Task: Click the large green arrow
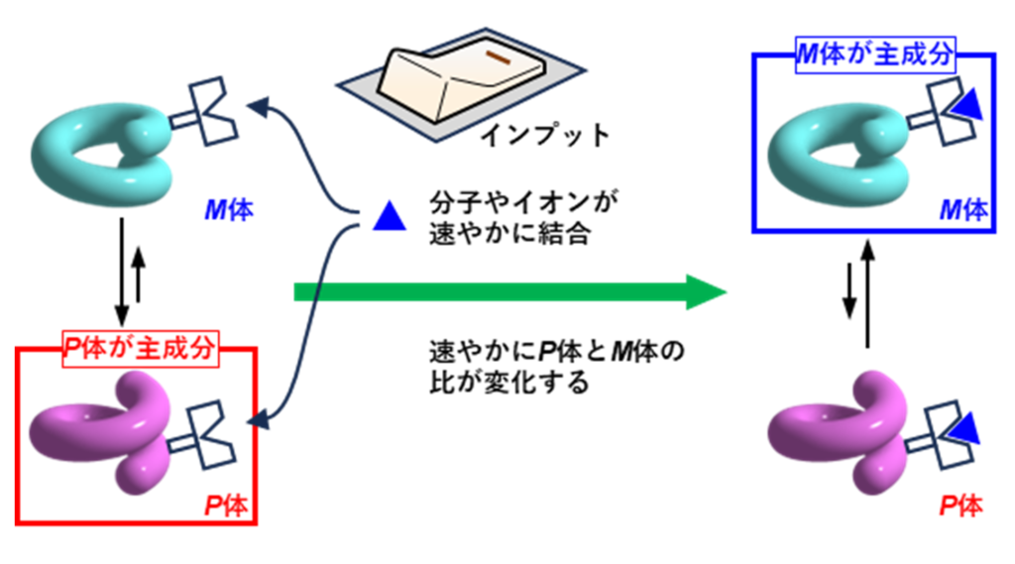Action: click(x=510, y=292)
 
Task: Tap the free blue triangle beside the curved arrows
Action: click(x=390, y=217)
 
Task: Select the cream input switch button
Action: click(x=462, y=78)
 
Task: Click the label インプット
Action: click(x=545, y=136)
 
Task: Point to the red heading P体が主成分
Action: click(x=141, y=349)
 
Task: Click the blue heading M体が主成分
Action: click(x=875, y=55)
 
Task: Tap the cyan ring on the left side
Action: click(x=102, y=154)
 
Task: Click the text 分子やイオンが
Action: click(x=523, y=202)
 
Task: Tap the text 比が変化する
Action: click(x=508, y=382)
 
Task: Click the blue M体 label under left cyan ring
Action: click(x=230, y=210)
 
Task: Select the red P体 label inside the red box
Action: click(x=226, y=506)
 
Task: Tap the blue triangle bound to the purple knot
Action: click(x=966, y=430)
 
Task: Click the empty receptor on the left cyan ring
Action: click(x=206, y=113)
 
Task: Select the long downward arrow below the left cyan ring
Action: click(x=121, y=272)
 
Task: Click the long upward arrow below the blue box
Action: click(x=868, y=294)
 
